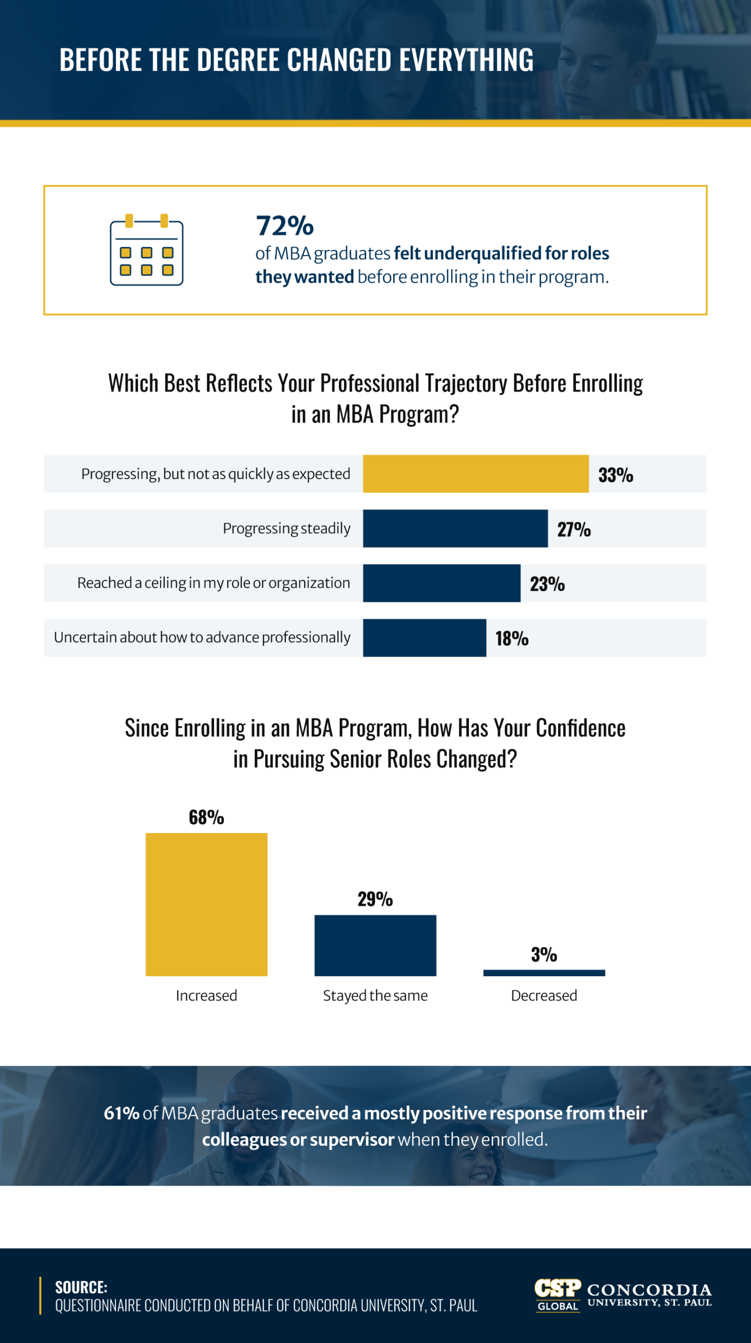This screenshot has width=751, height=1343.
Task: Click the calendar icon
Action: (x=146, y=250)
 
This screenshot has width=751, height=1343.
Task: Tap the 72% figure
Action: (x=284, y=226)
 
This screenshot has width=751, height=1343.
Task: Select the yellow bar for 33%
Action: (x=475, y=474)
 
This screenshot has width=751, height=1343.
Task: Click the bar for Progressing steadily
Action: (x=455, y=528)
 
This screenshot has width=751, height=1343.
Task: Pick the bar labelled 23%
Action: (x=441, y=583)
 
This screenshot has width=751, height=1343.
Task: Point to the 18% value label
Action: (x=512, y=638)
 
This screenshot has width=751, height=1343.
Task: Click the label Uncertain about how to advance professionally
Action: (x=202, y=637)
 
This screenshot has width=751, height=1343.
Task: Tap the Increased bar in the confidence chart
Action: (x=206, y=904)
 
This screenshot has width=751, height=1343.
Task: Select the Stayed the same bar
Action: (x=375, y=945)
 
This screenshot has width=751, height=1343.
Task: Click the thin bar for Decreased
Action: (x=544, y=973)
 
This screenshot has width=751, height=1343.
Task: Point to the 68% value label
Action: (x=206, y=817)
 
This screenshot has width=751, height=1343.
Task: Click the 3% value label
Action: (x=544, y=955)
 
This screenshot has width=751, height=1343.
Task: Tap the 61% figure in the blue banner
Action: (x=121, y=1113)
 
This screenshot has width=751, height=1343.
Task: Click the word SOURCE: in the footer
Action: (x=81, y=1287)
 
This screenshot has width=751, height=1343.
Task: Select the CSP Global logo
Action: (x=557, y=1294)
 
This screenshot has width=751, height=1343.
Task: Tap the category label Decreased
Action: (x=544, y=996)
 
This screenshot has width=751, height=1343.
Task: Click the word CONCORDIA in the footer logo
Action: (x=649, y=1289)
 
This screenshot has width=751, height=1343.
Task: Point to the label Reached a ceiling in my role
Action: (x=213, y=583)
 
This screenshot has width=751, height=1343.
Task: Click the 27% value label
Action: (x=574, y=529)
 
